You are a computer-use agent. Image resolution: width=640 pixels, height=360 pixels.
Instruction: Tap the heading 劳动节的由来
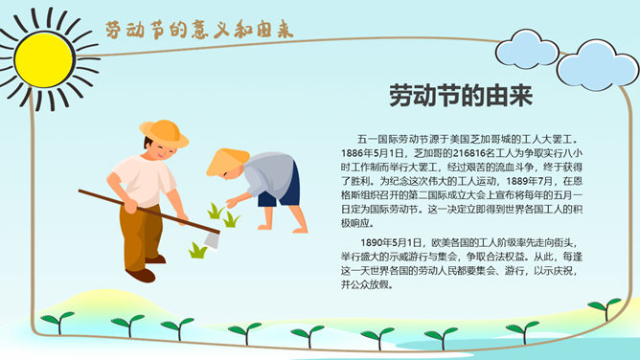460,97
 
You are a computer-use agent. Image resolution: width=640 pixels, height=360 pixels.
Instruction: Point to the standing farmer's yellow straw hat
164,131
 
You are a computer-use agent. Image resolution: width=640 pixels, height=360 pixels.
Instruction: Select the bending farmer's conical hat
227,161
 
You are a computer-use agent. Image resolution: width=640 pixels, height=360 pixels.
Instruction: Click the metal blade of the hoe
212,238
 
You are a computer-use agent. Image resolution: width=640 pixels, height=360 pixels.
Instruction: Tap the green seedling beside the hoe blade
198,251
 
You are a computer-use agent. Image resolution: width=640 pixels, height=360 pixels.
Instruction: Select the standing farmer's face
169,154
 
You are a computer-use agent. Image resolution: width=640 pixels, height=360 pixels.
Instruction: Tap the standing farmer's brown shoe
141,275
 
